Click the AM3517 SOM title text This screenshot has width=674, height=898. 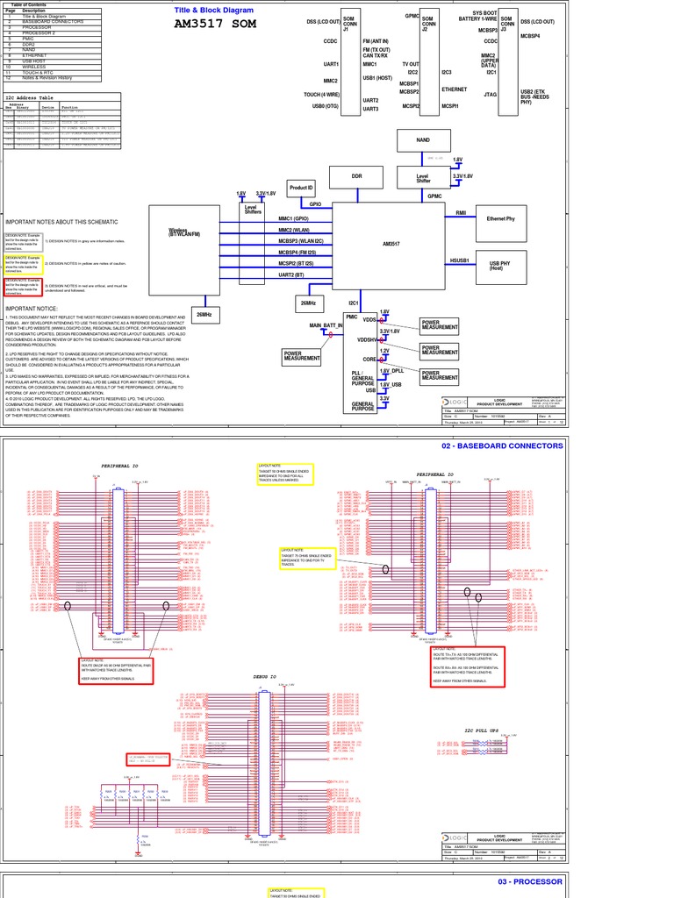(x=215, y=23)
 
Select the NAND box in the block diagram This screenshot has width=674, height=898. (x=424, y=139)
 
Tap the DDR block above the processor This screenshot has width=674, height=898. (x=356, y=176)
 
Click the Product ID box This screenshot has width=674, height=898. (x=301, y=188)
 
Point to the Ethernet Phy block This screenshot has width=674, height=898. (x=500, y=217)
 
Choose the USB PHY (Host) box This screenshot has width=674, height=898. (x=500, y=265)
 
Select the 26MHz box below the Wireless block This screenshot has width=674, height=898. (x=204, y=314)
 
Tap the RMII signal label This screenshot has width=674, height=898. (x=461, y=213)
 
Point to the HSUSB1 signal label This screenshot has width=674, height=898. (x=460, y=260)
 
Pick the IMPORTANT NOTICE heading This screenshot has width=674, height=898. (x=32, y=310)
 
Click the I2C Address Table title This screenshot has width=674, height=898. (x=30, y=98)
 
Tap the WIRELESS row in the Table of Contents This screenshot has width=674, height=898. (x=34, y=66)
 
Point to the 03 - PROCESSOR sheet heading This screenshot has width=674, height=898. (x=530, y=881)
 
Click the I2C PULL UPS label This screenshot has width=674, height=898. (x=481, y=730)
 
